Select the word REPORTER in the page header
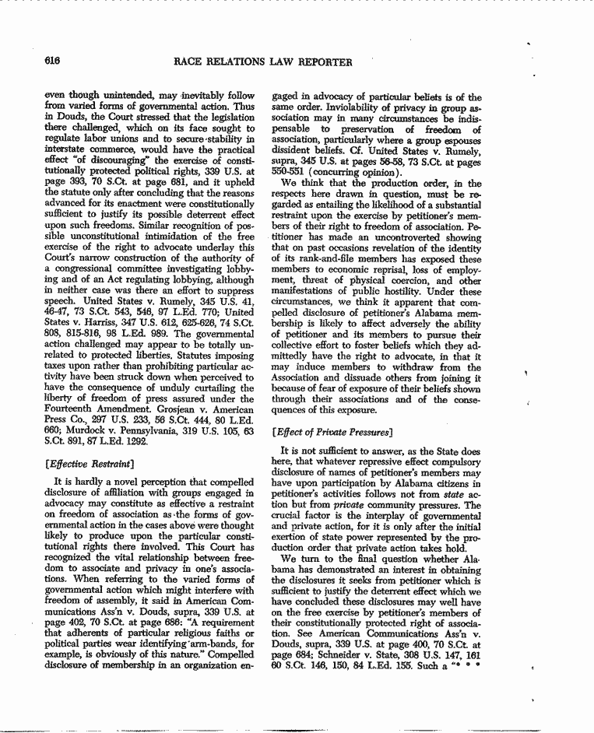[324, 61]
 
